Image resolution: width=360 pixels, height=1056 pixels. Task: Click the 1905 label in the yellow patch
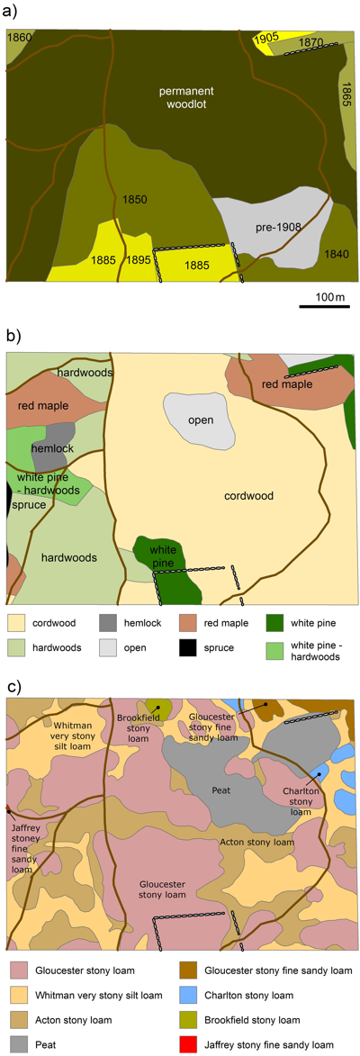pyautogui.click(x=268, y=38)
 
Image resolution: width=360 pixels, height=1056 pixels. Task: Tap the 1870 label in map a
pyautogui.click(x=311, y=41)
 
